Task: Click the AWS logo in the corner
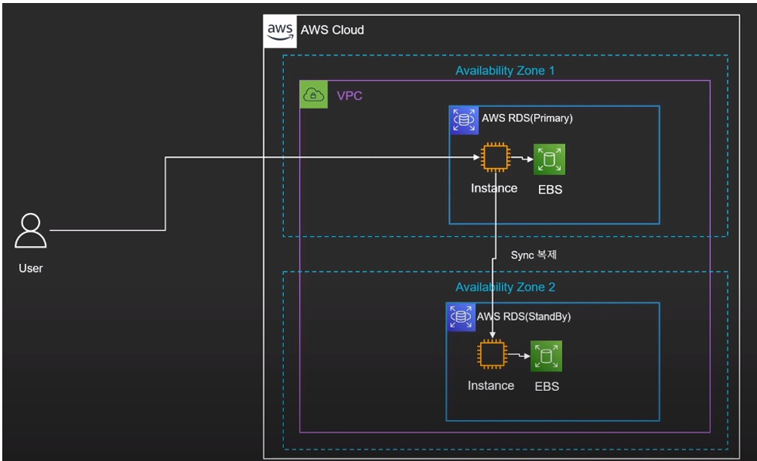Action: point(280,32)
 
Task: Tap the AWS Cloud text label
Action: point(332,30)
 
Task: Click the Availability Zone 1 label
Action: point(505,70)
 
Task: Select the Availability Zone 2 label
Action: point(505,287)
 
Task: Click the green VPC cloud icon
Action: point(314,94)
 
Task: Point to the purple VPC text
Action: point(349,96)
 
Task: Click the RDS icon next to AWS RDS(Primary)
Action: point(464,120)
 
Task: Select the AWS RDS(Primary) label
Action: point(528,118)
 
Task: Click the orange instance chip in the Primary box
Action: point(495,157)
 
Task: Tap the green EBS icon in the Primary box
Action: point(549,159)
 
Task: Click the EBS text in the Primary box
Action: point(550,189)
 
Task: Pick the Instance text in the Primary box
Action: point(494,189)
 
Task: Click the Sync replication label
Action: point(534,254)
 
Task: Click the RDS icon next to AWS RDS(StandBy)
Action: point(460,317)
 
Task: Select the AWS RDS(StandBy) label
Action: point(524,317)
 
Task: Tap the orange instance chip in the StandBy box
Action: point(492,355)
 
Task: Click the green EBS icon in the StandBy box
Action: point(546,356)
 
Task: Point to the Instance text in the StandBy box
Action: point(491,386)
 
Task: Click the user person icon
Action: point(30,230)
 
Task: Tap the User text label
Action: point(30,269)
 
